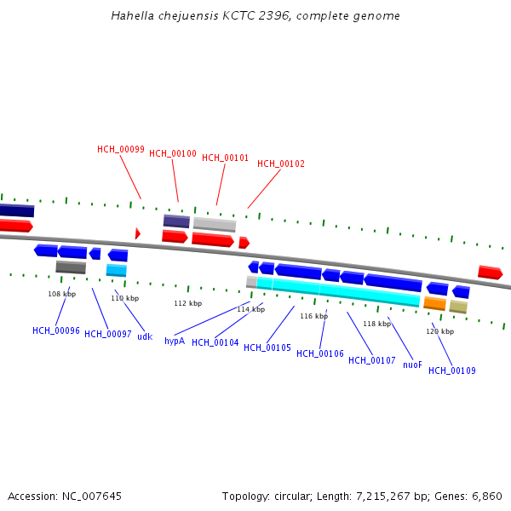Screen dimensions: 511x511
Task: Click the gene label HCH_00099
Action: (x=120, y=149)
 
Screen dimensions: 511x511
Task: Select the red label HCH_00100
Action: (x=173, y=153)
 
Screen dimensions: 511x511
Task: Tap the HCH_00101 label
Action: (x=225, y=158)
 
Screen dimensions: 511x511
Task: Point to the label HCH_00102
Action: (x=281, y=164)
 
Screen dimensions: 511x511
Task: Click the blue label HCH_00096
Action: (x=56, y=330)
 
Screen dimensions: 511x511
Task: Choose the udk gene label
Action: (x=145, y=336)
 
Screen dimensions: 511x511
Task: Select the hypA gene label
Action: (x=175, y=341)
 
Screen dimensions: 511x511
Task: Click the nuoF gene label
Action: (x=412, y=365)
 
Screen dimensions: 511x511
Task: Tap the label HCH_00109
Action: (x=452, y=370)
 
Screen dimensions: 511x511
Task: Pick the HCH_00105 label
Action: (x=267, y=347)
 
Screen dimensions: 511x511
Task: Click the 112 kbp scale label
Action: (x=187, y=303)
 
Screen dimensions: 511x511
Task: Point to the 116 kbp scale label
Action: (x=313, y=316)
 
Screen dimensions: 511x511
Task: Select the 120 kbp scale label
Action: (x=439, y=331)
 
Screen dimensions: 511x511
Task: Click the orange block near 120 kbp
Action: (x=434, y=303)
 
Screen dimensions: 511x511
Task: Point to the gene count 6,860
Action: (x=486, y=496)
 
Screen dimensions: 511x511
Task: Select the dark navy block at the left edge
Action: (x=16, y=210)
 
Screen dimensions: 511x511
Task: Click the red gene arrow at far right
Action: (x=490, y=273)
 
